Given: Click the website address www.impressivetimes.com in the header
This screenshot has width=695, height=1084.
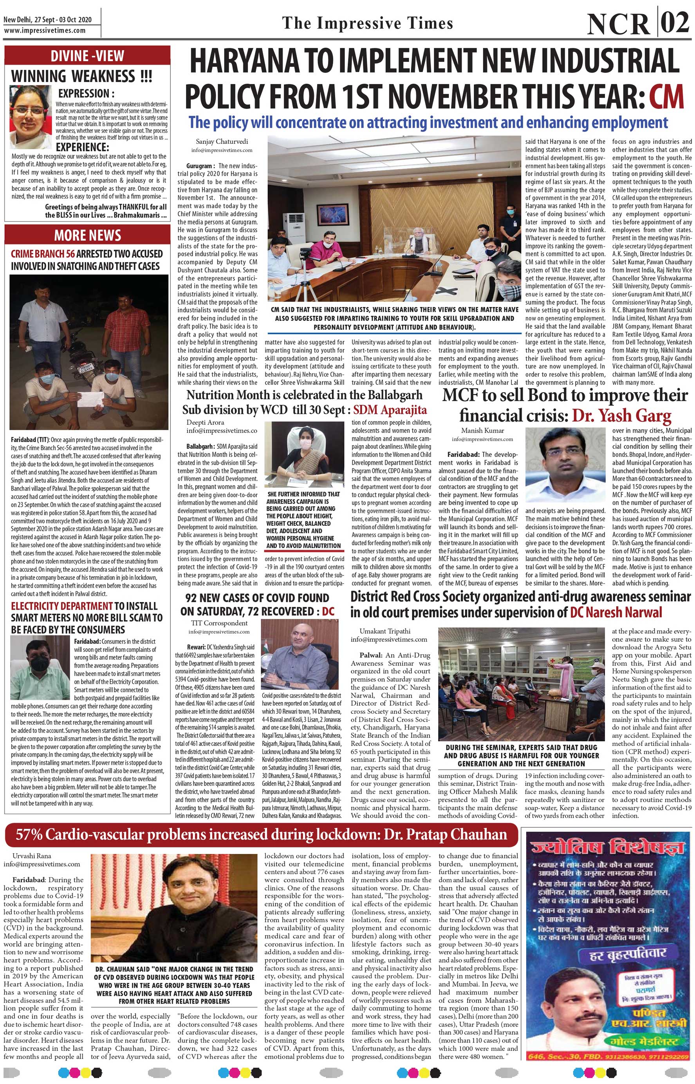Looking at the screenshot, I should pyautogui.click(x=45, y=30).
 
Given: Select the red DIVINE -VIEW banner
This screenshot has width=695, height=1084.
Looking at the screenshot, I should pyautogui.click(x=87, y=56).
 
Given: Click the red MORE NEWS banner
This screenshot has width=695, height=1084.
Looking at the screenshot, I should pyautogui.click(x=87, y=235).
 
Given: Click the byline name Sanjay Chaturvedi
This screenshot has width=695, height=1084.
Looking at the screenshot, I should pyautogui.click(x=222, y=141).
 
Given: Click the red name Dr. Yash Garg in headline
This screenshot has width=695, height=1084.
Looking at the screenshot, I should pyautogui.click(x=621, y=415).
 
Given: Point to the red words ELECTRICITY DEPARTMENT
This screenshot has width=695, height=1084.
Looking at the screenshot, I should pyautogui.click(x=61, y=606).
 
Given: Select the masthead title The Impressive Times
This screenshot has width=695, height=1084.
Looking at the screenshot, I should pyautogui.click(x=367, y=24).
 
